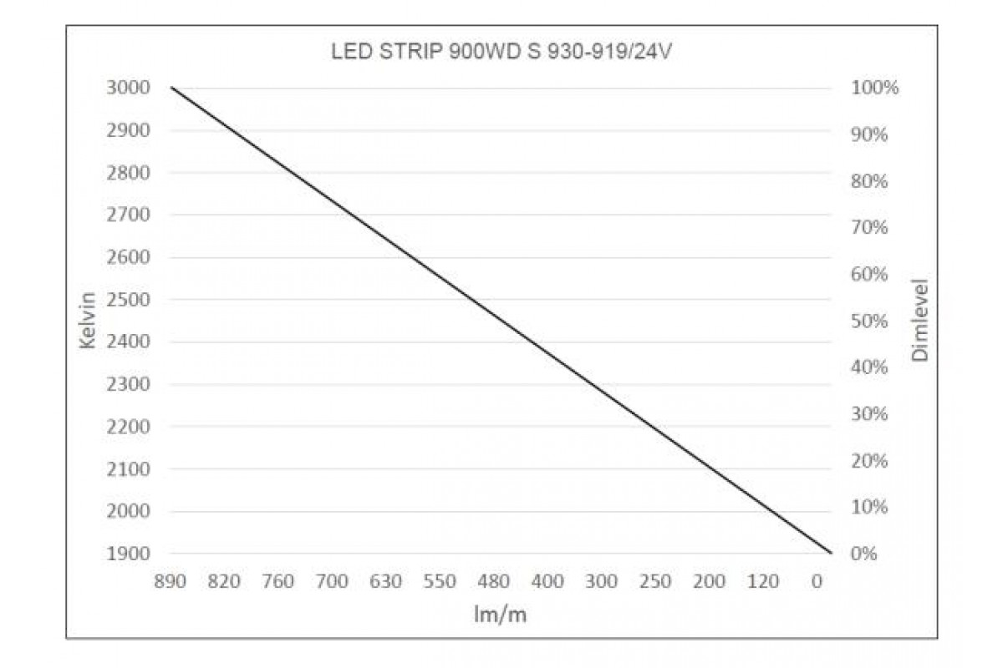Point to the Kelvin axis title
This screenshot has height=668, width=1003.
pyautogui.click(x=91, y=321)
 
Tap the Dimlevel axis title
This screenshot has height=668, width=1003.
pyautogui.click(x=921, y=321)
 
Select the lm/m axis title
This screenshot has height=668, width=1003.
pyautogui.click(x=501, y=615)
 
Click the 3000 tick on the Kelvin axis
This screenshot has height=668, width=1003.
pyautogui.click(x=129, y=88)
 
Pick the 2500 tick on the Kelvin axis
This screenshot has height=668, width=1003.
pyautogui.click(x=129, y=300)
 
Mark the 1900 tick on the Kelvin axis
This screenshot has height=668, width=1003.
pyautogui.click(x=129, y=554)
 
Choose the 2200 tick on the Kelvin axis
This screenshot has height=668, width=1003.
pyautogui.click(x=129, y=427)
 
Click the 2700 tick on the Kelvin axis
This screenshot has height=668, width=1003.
pyautogui.click(x=129, y=215)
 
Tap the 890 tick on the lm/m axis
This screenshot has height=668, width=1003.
pyautogui.click(x=170, y=581)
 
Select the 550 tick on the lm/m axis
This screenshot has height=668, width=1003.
pyautogui.click(x=440, y=581)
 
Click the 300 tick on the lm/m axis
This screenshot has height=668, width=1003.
pyautogui.click(x=602, y=581)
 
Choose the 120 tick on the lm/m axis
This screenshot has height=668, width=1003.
pyautogui.click(x=764, y=581)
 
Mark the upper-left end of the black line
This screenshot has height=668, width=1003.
pyautogui.click(x=171, y=88)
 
